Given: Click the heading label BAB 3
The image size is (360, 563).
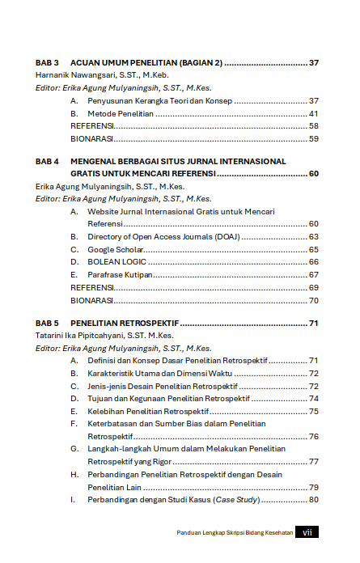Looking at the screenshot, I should coord(48,62).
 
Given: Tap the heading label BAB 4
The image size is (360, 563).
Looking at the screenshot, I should coord(48,161).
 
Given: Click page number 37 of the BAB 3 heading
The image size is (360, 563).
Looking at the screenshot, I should coord(314,62).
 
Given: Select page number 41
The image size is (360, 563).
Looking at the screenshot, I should coord(314,113).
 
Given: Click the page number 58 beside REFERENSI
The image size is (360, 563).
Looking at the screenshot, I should coord(314,126).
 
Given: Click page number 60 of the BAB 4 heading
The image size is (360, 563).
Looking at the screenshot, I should coord(314,173).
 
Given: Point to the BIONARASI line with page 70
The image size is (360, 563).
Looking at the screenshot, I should coord(91,300).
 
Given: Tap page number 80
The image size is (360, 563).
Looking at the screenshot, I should coord(314,498).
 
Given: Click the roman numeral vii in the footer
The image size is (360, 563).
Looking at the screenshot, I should coord(307,532).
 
